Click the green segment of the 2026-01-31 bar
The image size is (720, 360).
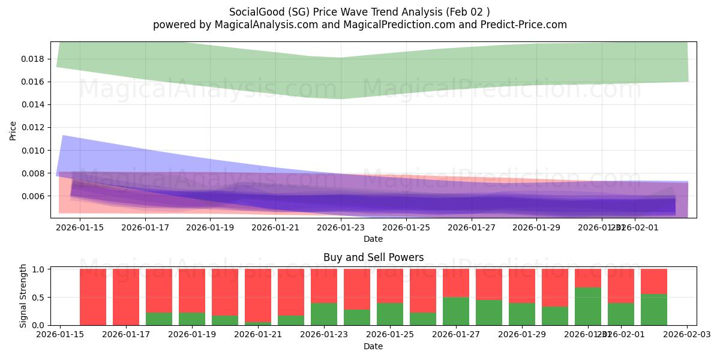tap(588, 306)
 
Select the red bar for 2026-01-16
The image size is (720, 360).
tap(93, 297)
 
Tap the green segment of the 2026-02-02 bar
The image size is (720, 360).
tap(654, 310)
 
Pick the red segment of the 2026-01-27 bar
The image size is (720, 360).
tap(456, 283)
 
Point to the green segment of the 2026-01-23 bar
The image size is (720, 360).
tap(324, 314)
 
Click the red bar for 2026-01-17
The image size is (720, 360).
tap(126, 297)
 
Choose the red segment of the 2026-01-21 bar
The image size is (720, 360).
tap(258, 295)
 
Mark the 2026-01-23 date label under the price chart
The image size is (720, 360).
tap(341, 228)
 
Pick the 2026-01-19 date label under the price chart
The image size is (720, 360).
tap(211, 228)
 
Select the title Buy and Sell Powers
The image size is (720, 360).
tap(373, 257)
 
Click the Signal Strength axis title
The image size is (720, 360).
tap(24, 296)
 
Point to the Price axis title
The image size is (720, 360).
tap(13, 130)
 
